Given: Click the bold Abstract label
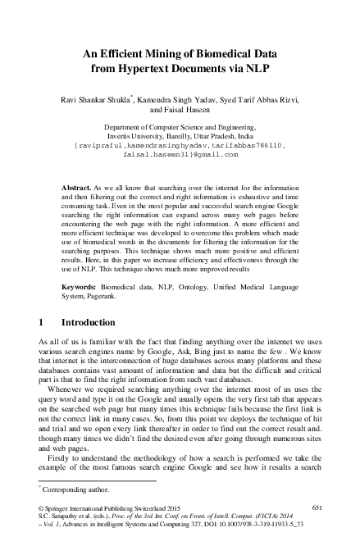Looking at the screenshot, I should (x=77, y=188).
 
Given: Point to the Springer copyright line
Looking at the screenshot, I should (x=115, y=509).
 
